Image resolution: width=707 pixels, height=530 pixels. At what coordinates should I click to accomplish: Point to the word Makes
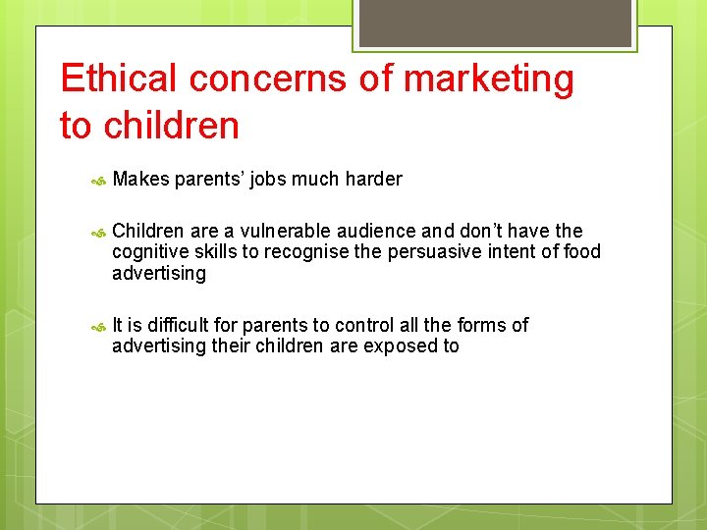pyautogui.click(x=141, y=179)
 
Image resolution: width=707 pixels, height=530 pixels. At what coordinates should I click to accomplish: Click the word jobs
pyautogui.click(x=272, y=179)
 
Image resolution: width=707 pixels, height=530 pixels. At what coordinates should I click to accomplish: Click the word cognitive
pyautogui.click(x=148, y=252)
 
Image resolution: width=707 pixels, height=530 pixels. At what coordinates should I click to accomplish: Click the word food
pyautogui.click(x=579, y=252)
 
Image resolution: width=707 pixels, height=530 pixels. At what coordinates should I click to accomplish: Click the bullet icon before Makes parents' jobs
pyautogui.click(x=98, y=181)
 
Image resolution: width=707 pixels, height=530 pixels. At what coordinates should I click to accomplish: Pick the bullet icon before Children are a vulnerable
pyautogui.click(x=98, y=233)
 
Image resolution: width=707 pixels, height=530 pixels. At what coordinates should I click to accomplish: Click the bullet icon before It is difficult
pyautogui.click(x=98, y=327)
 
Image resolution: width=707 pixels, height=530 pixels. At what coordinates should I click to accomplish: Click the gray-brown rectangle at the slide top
pyautogui.click(x=494, y=23)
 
